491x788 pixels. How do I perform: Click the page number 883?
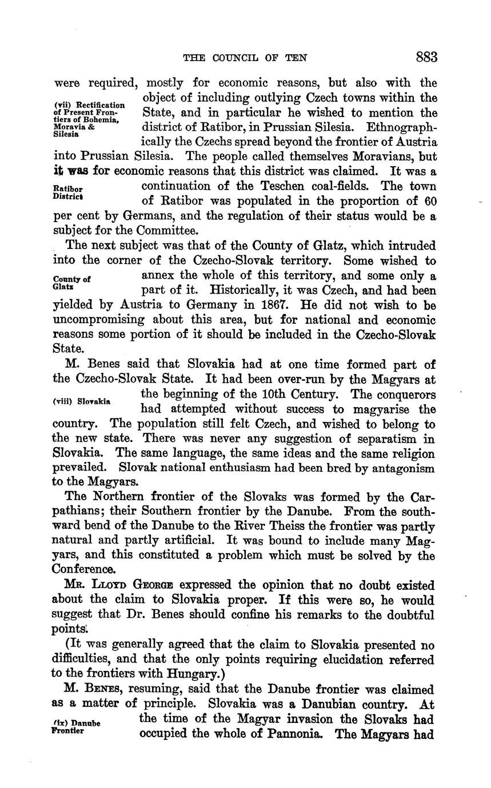point(426,57)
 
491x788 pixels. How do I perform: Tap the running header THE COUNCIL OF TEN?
point(245,58)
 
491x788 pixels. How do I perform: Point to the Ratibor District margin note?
point(68,193)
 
